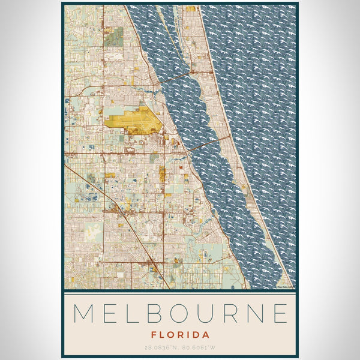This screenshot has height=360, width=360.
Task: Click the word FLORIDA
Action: (180, 335)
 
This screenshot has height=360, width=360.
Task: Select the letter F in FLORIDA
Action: (154, 335)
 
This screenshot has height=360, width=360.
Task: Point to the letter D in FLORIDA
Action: (195, 335)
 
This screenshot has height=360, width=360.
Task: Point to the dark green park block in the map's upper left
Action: (115, 35)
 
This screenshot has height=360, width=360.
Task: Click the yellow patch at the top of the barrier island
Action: (191, 9)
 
